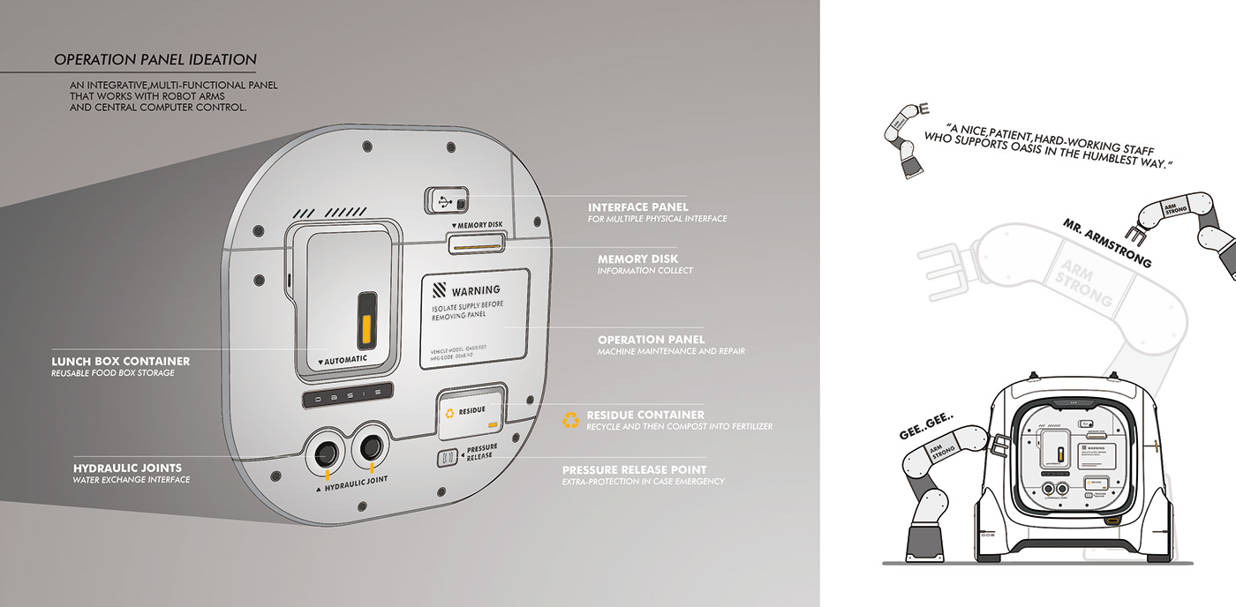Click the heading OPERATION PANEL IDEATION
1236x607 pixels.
coord(155,60)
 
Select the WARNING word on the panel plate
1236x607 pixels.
coord(476,289)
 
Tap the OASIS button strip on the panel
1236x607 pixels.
coord(346,398)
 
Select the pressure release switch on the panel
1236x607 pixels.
coord(447,456)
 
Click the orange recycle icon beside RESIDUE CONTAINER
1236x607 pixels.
coord(571,420)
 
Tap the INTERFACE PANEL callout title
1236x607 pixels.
coord(637,207)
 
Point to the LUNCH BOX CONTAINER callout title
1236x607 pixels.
coord(120,361)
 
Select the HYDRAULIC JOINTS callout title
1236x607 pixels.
coord(127,468)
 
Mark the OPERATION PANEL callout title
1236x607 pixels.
coord(651,340)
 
